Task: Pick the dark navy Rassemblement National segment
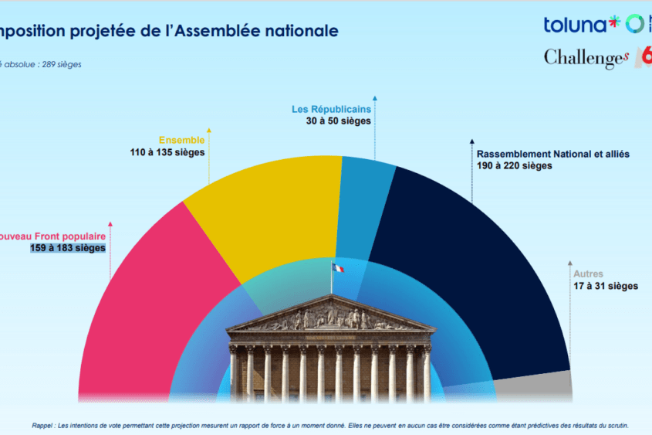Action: (463, 263)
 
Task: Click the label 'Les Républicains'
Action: (331, 110)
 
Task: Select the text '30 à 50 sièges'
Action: (339, 121)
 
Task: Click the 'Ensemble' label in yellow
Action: (181, 140)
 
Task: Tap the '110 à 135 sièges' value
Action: (167, 152)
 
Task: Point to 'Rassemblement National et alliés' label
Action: (553, 154)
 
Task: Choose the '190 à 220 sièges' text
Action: (515, 166)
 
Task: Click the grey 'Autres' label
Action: (588, 274)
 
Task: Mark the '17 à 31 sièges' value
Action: (606, 286)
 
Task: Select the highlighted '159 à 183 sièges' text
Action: (68, 248)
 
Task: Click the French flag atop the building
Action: (339, 268)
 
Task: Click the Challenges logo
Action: (586, 58)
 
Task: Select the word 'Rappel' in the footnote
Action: (42, 425)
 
